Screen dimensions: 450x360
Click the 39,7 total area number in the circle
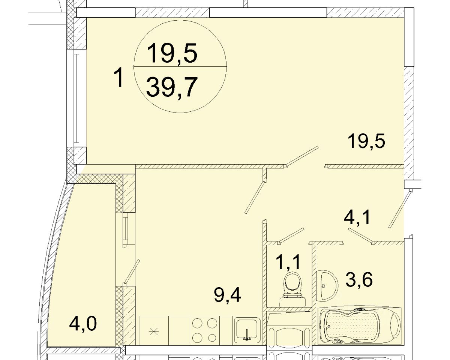(172, 87)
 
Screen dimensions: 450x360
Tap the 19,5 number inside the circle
(172, 53)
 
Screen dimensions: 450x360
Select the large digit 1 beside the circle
(119, 77)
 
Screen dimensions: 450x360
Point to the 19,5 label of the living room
(366, 142)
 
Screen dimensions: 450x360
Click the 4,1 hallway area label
(357, 218)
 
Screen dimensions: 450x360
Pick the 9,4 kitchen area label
(227, 295)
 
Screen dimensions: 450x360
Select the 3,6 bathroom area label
(359, 280)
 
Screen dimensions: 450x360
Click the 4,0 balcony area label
(83, 324)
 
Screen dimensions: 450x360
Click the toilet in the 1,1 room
(292, 289)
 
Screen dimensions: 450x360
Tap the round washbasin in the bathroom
(327, 286)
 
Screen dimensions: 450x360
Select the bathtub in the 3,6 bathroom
(359, 326)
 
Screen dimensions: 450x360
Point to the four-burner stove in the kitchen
(205, 331)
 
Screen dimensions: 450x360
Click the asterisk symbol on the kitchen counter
(154, 331)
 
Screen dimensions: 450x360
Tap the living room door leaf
(302, 156)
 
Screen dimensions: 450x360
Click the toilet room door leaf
(291, 235)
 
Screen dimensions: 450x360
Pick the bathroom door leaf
(360, 235)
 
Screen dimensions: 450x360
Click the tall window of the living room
(76, 98)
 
